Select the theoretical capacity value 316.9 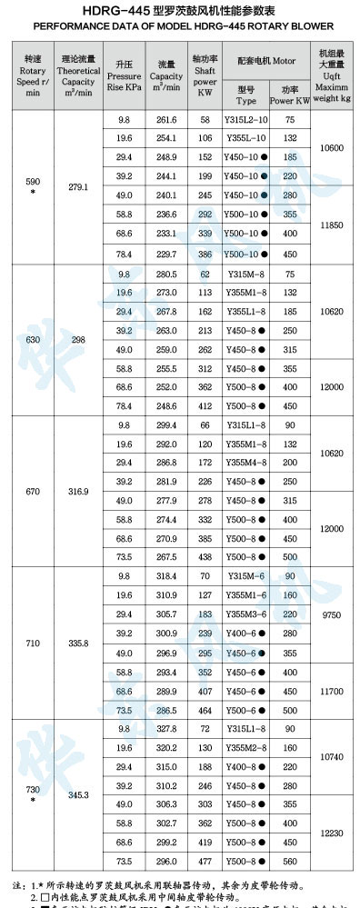[x=78, y=491]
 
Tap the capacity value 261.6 [x=166, y=120]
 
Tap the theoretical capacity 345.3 [x=78, y=794]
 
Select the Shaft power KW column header [x=205, y=75]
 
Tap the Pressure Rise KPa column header [x=124, y=75]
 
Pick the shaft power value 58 [x=205, y=120]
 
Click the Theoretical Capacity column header [x=78, y=75]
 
